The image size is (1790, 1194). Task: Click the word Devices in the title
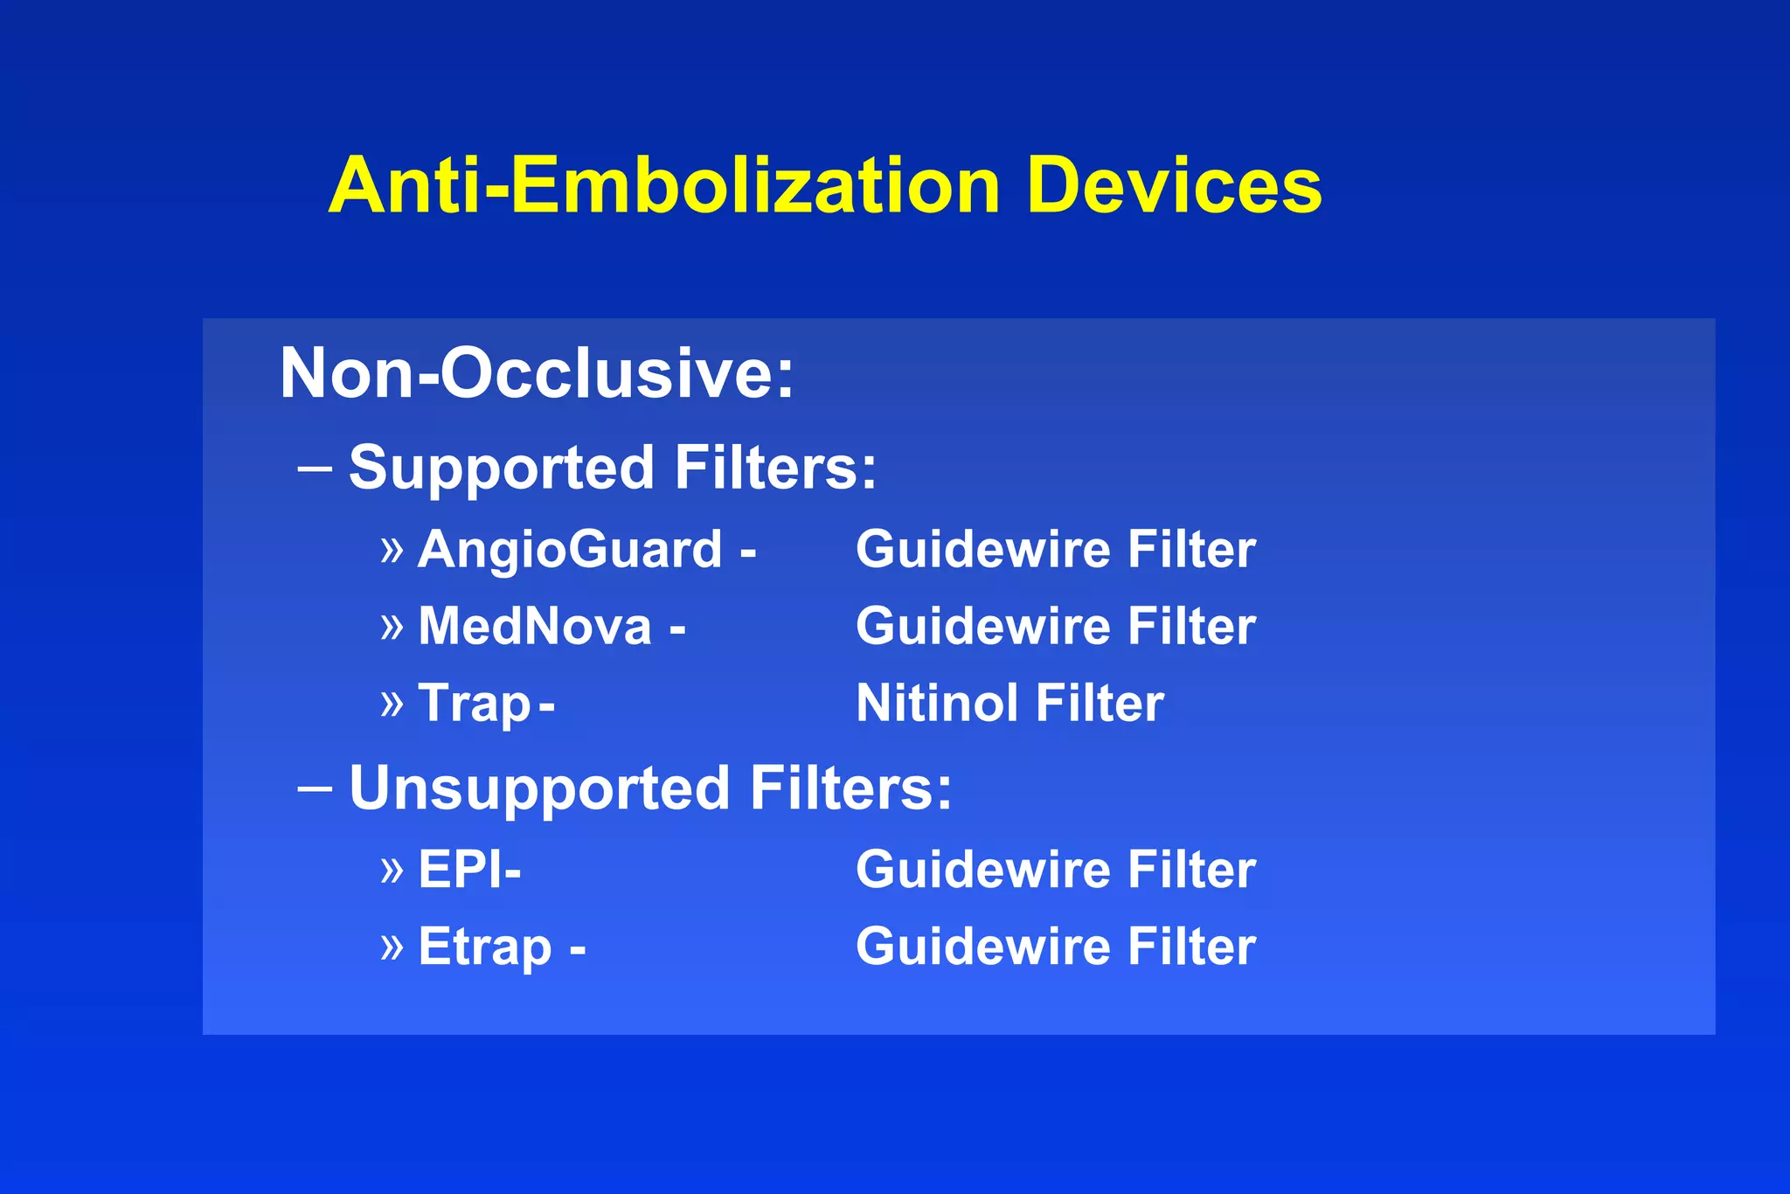(1174, 185)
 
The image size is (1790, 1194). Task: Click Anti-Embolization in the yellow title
(664, 185)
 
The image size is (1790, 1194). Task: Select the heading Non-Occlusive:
(537, 373)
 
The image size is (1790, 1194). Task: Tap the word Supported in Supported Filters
(502, 469)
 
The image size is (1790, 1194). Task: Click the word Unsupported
(539, 789)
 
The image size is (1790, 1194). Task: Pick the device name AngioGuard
(570, 550)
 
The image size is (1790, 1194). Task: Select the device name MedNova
(535, 627)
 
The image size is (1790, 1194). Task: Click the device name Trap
(474, 704)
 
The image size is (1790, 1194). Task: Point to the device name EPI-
(469, 870)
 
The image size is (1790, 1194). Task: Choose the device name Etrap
(485, 947)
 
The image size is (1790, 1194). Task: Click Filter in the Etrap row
(1191, 947)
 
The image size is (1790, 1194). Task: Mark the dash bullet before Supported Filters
(315, 469)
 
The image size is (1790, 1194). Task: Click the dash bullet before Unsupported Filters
(315, 789)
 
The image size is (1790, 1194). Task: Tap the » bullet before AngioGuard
(392, 550)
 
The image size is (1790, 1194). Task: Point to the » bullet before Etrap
(392, 947)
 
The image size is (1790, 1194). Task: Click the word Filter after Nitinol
(1100, 704)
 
